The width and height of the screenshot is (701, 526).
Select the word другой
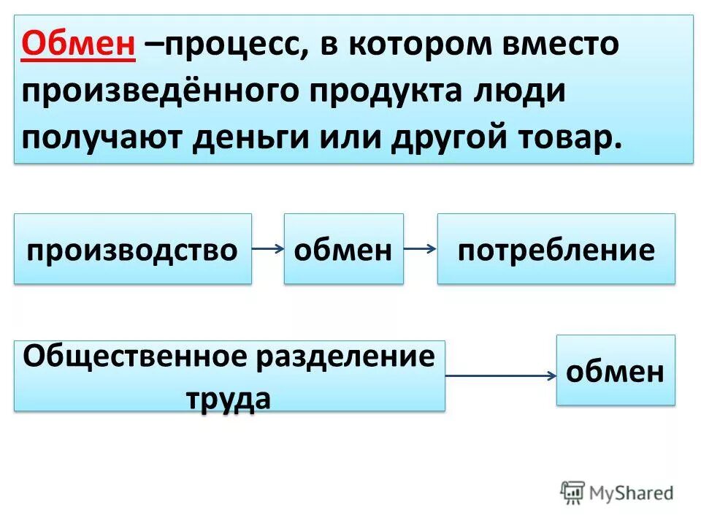(438, 139)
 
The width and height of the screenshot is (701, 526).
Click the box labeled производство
(132, 249)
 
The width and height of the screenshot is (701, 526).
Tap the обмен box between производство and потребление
(343, 249)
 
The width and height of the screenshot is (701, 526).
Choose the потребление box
(556, 249)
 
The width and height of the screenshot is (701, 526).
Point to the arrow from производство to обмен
(267, 249)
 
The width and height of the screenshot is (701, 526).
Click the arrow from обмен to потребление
(420, 249)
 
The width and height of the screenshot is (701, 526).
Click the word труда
(229, 398)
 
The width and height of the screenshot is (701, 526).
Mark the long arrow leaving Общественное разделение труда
(500, 376)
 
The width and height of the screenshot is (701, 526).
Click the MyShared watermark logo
(617, 492)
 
